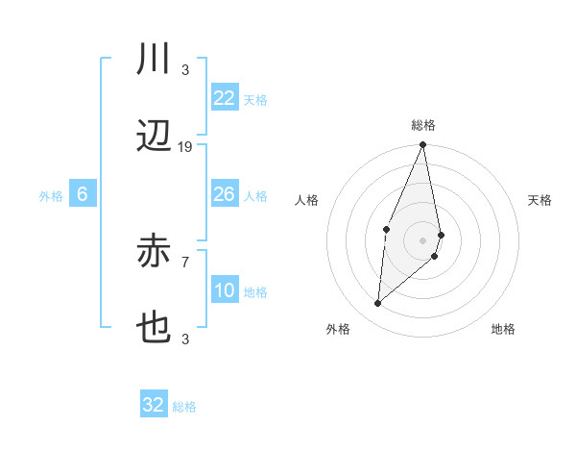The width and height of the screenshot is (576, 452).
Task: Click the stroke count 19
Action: tap(185, 146)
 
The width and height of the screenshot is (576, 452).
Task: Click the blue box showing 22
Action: tap(224, 98)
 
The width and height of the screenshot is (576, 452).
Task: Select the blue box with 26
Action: tap(224, 194)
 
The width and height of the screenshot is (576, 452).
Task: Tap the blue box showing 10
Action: tap(224, 290)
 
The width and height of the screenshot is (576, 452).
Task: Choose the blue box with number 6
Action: tap(83, 194)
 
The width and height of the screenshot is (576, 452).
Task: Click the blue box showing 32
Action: tap(154, 405)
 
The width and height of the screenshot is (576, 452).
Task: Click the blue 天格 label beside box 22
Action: tap(254, 99)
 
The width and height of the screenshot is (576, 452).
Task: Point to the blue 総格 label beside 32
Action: tap(184, 407)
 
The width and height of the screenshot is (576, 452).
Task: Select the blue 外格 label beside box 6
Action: tap(51, 195)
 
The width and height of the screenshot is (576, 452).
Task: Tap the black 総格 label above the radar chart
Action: tap(422, 125)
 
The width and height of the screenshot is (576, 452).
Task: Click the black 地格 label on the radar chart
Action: tap(503, 329)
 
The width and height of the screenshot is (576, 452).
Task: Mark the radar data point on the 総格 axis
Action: tap(422, 145)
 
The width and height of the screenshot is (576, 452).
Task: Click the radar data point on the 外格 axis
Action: tap(378, 304)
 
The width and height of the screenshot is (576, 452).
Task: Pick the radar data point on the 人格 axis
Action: tap(386, 228)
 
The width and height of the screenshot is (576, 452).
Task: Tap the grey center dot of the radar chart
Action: tap(422, 239)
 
